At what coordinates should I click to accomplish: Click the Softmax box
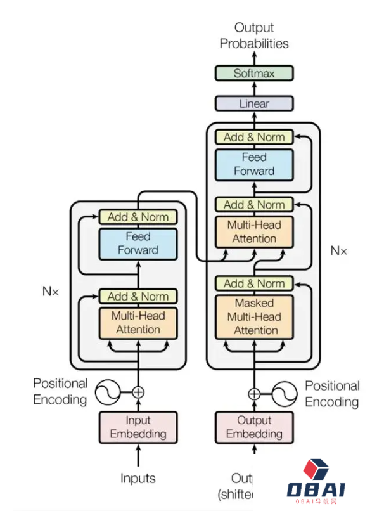254,73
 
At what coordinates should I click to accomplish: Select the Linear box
254,103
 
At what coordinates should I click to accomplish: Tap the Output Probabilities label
254,36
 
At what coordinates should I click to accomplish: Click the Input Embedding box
138,427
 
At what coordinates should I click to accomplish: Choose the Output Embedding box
254,427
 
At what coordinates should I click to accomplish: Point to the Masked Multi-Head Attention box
254,316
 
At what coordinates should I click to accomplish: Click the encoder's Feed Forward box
138,243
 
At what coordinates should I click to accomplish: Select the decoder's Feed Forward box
254,164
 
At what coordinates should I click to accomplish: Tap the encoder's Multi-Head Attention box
138,323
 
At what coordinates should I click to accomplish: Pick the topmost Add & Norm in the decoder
254,137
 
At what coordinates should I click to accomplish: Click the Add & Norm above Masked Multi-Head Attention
254,283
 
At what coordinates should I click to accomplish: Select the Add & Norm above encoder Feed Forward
138,217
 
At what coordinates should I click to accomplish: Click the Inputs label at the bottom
138,477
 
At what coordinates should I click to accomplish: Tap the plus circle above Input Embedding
138,392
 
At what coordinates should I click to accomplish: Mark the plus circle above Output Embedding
254,394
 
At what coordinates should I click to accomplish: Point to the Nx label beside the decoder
339,250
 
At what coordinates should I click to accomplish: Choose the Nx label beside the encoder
51,292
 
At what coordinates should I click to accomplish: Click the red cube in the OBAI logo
314,470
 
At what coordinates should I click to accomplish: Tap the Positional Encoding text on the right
331,394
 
